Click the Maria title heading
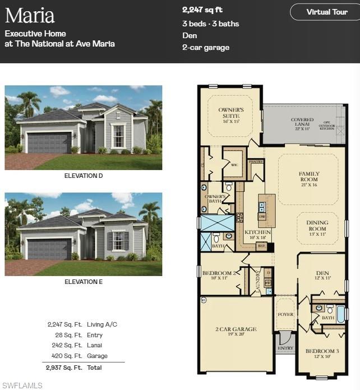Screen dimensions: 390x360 click(x=30, y=15)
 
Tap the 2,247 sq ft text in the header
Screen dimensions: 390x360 click(x=202, y=10)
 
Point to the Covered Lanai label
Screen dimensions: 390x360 click(x=302, y=123)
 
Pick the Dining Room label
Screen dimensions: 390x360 click(x=317, y=226)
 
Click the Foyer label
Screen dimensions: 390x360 click(x=285, y=314)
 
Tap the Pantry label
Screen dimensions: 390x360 click(x=256, y=162)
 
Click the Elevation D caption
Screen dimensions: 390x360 click(x=84, y=176)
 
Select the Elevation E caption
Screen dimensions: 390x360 click(x=84, y=282)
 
